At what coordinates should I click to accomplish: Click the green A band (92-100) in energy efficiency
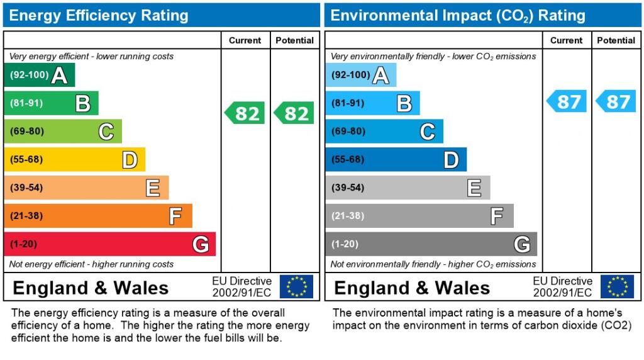pyautogui.click(x=39, y=75)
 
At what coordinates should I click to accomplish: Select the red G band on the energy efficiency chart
pyautogui.click(x=109, y=244)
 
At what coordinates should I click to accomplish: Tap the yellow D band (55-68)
pyautogui.click(x=74, y=159)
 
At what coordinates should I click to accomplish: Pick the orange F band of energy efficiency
pyautogui.click(x=97, y=216)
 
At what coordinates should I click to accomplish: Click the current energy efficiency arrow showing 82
pyautogui.click(x=245, y=113)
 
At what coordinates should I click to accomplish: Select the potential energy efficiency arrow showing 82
pyautogui.click(x=294, y=113)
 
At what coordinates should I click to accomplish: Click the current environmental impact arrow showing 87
pyautogui.click(x=566, y=101)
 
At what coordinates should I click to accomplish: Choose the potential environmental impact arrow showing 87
pyautogui.click(x=615, y=101)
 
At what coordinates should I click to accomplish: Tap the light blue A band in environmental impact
pyautogui.click(x=360, y=75)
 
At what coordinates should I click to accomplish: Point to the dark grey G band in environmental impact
pyautogui.click(x=431, y=244)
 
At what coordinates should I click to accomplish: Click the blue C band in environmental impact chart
pyautogui.click(x=384, y=132)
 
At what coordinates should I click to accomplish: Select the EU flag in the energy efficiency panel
pyautogui.click(x=296, y=287)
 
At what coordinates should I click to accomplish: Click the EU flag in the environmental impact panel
pyautogui.click(x=617, y=287)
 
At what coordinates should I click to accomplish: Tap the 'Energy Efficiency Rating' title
pyautogui.click(x=99, y=16)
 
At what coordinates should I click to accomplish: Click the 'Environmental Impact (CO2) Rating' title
pyautogui.click(x=458, y=16)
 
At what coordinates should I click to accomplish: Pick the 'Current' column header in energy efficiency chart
pyautogui.click(x=245, y=40)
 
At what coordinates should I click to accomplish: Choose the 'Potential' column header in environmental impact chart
pyautogui.click(x=616, y=40)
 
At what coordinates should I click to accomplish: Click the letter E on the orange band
pyautogui.click(x=152, y=188)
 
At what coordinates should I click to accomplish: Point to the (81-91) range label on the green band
pyautogui.click(x=26, y=103)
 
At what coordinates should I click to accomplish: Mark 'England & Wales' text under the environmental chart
pyautogui.click(x=412, y=288)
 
